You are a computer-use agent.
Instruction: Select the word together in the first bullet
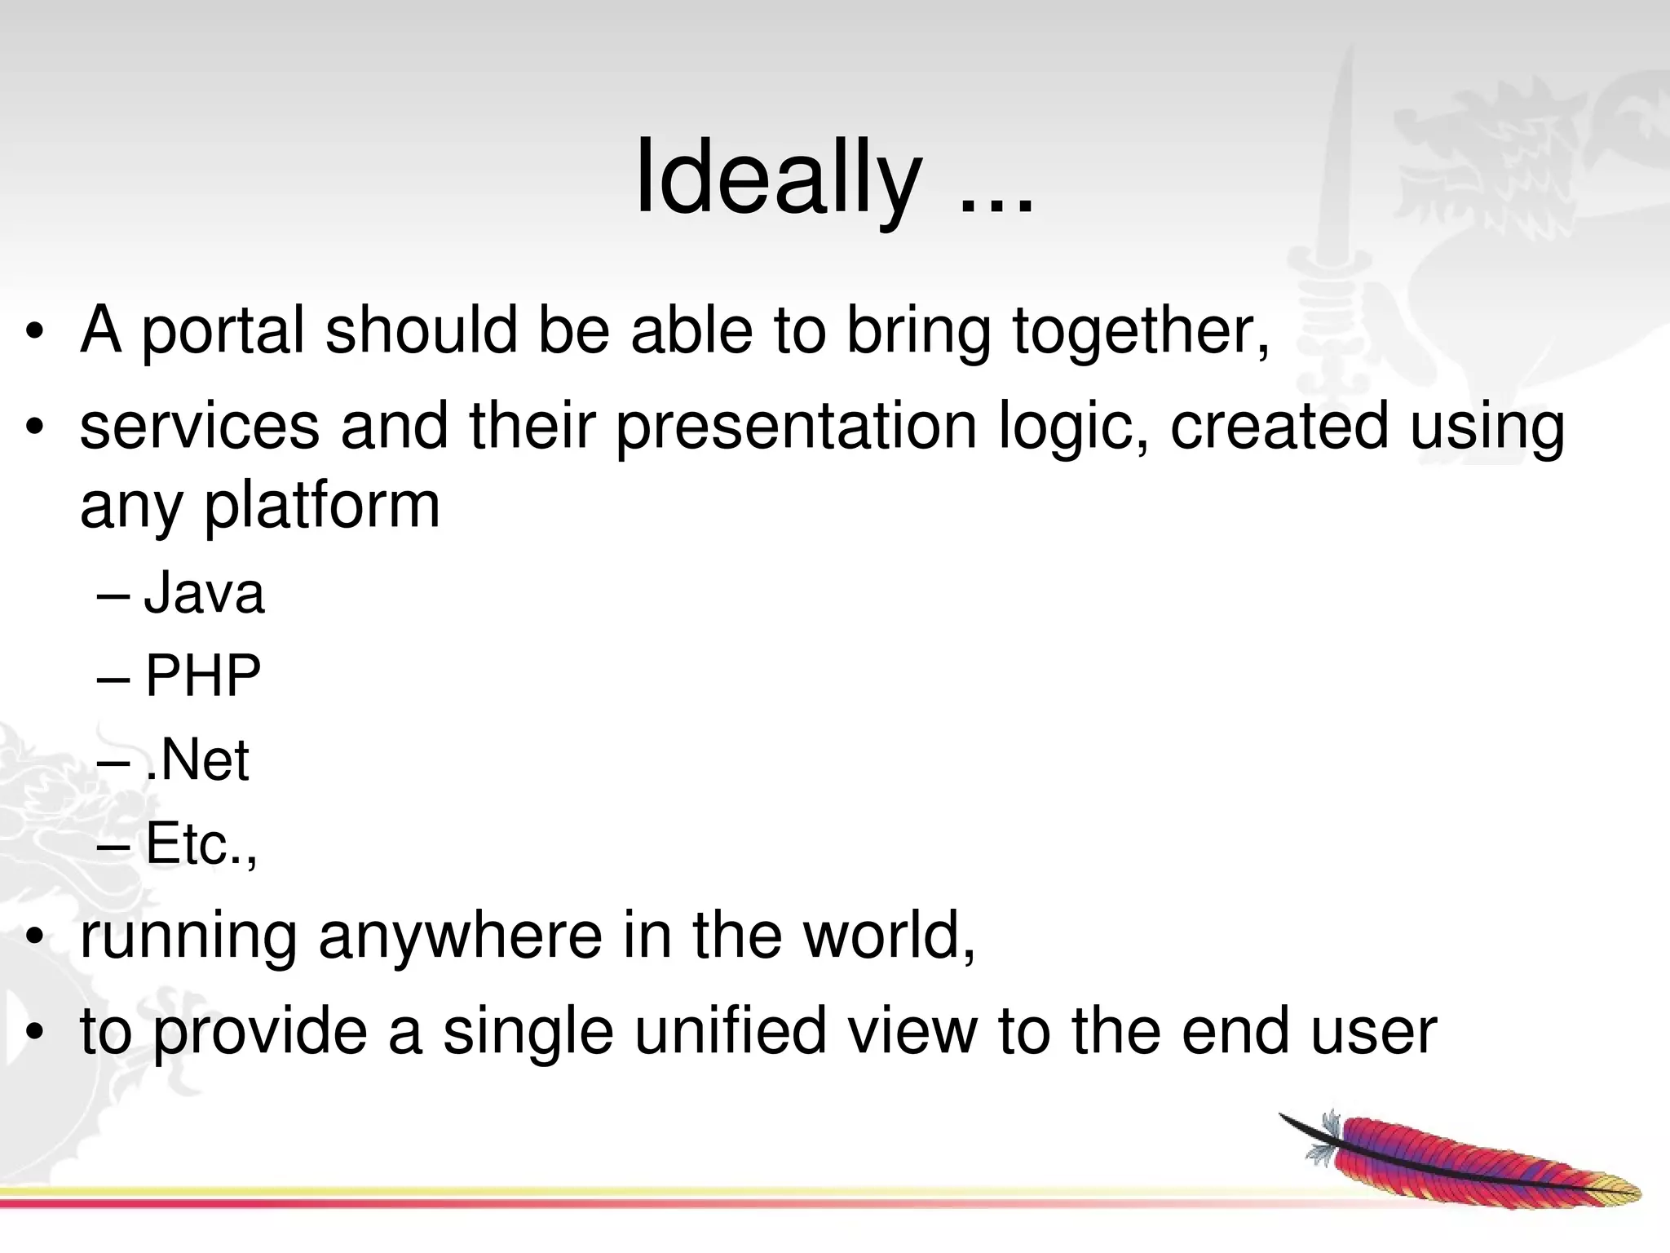pos(1140,330)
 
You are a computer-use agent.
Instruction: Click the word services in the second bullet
pos(200,427)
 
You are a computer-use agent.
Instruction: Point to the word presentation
pos(796,427)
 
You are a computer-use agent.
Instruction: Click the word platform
pos(321,506)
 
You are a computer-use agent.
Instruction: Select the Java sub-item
pos(204,593)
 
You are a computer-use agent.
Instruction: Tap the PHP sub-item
pos(203,676)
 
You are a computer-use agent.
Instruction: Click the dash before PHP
pos(112,677)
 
